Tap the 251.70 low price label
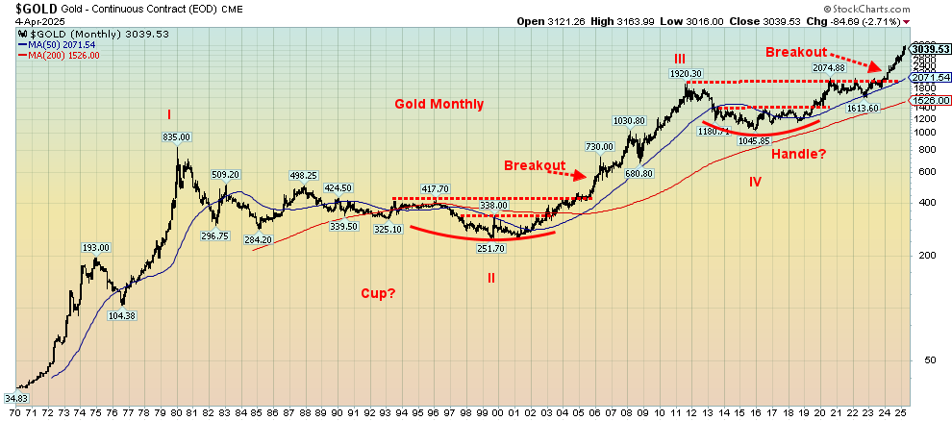[490, 248]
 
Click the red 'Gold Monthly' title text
[439, 104]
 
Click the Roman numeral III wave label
[679, 60]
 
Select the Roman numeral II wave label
[490, 277]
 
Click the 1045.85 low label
[754, 141]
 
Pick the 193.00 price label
[96, 248]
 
